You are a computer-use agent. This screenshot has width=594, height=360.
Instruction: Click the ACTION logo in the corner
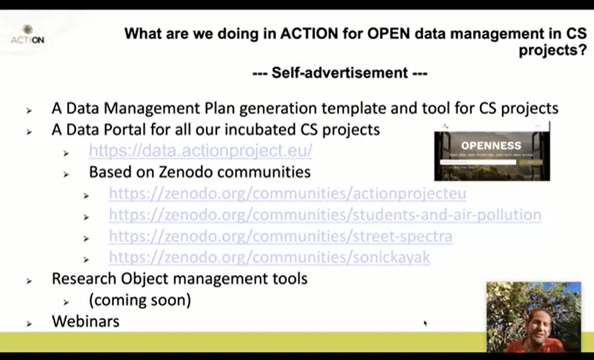(28, 35)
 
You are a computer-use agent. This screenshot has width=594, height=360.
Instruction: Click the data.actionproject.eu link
(200, 151)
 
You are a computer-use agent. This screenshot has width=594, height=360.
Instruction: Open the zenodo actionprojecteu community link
(287, 193)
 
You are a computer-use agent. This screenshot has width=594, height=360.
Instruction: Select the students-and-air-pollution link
(325, 215)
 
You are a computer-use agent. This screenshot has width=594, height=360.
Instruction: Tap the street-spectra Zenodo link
(280, 236)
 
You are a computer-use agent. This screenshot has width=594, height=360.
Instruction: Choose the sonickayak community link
(269, 258)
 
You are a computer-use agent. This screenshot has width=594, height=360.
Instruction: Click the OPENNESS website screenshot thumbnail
(492, 152)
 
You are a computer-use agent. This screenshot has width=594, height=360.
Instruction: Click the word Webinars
(86, 321)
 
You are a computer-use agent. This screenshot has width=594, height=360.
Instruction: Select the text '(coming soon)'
(140, 301)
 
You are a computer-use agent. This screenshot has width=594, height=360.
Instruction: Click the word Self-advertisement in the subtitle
(339, 73)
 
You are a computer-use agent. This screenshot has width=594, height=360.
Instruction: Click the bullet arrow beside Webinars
(29, 323)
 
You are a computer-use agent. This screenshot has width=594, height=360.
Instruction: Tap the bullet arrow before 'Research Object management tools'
(29, 281)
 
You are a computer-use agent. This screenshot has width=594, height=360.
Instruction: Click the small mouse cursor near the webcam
(425, 323)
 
